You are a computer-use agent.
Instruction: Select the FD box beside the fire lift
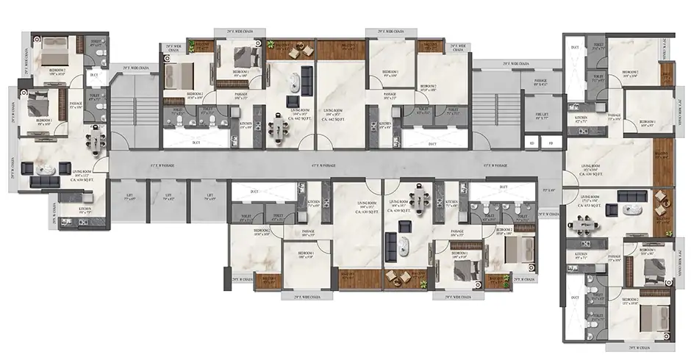click(551, 142)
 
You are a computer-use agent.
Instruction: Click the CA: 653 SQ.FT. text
click(592, 206)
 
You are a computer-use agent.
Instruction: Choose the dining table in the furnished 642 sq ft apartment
click(279, 131)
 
